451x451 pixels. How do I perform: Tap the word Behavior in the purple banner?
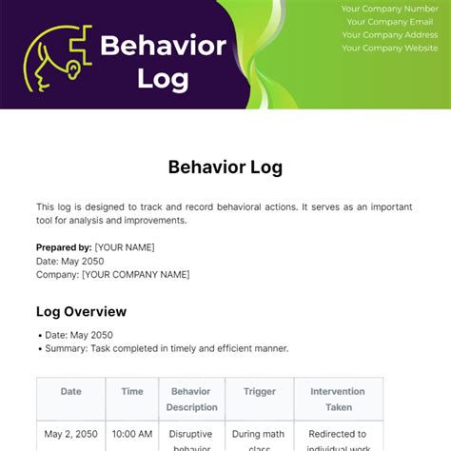pyautogui.click(x=163, y=45)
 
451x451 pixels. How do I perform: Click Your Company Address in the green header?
pyautogui.click(x=390, y=35)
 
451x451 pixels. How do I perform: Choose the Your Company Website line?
pyautogui.click(x=390, y=49)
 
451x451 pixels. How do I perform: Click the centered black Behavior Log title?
pyautogui.click(x=225, y=167)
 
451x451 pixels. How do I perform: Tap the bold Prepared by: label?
pyautogui.click(x=64, y=247)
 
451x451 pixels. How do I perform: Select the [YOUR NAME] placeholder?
pyautogui.click(x=124, y=247)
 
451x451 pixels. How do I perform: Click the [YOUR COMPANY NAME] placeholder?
pyautogui.click(x=135, y=274)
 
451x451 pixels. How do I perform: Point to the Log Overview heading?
pyautogui.click(x=81, y=311)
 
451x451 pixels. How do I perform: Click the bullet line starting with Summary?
pyautogui.click(x=167, y=348)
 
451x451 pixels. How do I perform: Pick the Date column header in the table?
pyautogui.click(x=71, y=391)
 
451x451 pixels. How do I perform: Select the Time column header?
pyautogui.click(x=132, y=391)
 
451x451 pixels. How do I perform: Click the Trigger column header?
pyautogui.click(x=259, y=391)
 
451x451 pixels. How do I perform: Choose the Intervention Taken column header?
pyautogui.click(x=339, y=399)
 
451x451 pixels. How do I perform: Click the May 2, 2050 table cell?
pyautogui.click(x=71, y=435)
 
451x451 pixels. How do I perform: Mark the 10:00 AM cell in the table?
pyautogui.click(x=132, y=435)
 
